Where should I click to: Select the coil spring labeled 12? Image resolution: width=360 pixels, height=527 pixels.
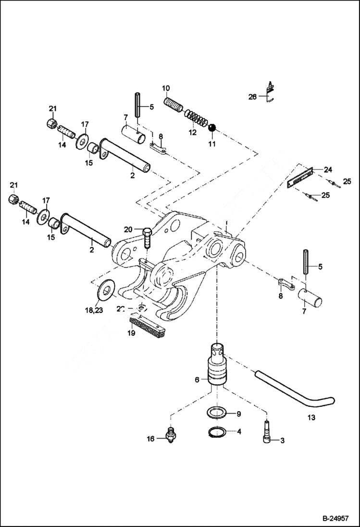pos(195,118)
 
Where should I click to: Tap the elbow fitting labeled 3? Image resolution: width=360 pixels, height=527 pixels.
pos(266,434)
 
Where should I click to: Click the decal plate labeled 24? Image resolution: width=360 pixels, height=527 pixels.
pos(300,177)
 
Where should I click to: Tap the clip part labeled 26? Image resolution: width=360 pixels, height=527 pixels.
pos(271,92)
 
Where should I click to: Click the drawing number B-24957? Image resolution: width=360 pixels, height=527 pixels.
pos(335,518)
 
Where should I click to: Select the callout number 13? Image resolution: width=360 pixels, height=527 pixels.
pos(311,417)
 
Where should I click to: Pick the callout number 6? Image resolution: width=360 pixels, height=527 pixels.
pos(197,380)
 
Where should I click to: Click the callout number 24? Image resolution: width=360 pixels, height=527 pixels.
pos(328,170)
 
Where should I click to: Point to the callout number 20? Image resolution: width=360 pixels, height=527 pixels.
pos(127,229)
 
